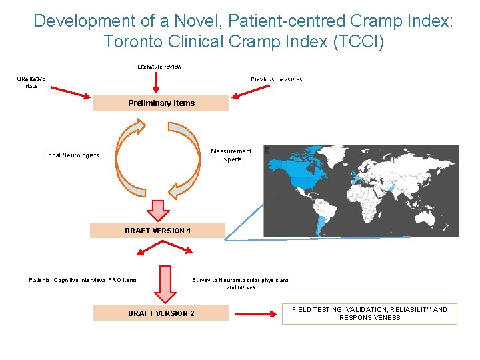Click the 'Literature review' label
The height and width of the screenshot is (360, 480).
click(x=159, y=67)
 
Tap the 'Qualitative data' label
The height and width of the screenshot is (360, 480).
click(x=31, y=82)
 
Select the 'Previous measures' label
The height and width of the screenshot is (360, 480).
click(x=276, y=79)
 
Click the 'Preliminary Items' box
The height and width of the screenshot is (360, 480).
click(x=161, y=103)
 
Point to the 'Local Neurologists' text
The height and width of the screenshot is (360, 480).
click(x=71, y=155)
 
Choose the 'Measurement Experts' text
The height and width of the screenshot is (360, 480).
click(x=231, y=155)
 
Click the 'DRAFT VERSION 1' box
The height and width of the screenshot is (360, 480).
click(x=158, y=231)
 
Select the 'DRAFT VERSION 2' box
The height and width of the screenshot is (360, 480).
click(x=161, y=313)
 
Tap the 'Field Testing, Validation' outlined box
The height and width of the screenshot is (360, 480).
click(x=369, y=314)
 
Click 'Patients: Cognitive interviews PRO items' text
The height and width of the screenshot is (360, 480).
click(x=83, y=280)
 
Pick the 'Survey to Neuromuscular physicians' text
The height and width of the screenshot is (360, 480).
click(x=240, y=280)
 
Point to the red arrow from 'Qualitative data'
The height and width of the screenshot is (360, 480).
click(x=69, y=91)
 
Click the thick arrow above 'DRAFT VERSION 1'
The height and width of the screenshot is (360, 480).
click(x=159, y=210)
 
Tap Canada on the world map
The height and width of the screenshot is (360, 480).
click(x=293, y=163)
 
